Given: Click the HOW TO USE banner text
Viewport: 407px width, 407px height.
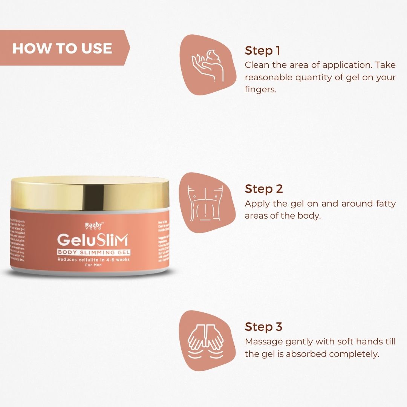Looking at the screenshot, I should click(62, 48).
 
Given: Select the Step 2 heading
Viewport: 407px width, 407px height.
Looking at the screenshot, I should click(264, 188).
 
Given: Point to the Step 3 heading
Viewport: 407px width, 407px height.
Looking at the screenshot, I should click(264, 327).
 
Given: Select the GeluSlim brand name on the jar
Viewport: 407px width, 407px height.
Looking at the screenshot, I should click(92, 240).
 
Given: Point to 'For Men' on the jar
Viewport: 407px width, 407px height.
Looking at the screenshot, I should click(93, 265).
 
